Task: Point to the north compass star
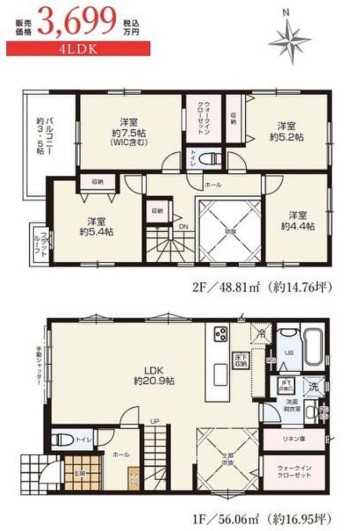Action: click(290, 38)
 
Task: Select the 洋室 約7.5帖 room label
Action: click(129, 131)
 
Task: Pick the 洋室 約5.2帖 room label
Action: click(289, 131)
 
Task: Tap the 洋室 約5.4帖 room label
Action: click(96, 226)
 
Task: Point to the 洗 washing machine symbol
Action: click(313, 386)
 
